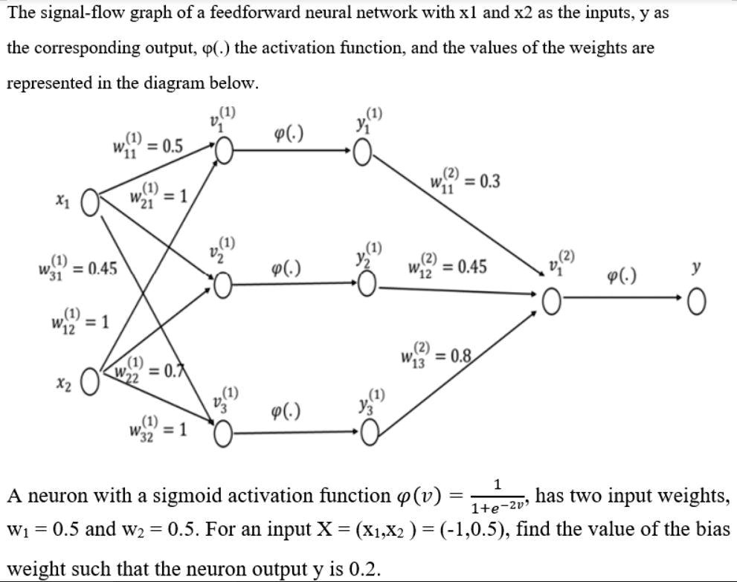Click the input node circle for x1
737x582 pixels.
[x=90, y=201]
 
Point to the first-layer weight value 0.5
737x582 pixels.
[x=172, y=145]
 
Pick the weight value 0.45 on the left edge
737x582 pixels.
[x=100, y=269]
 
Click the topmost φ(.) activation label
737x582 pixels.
[x=289, y=134]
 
